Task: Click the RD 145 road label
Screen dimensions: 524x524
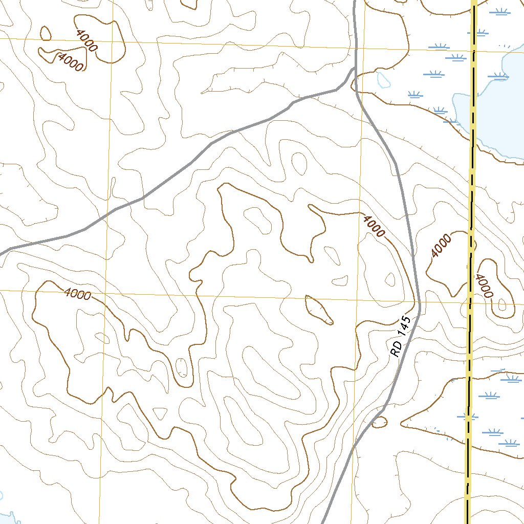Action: tap(401, 337)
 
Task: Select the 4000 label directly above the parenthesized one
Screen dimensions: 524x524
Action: tap(85, 40)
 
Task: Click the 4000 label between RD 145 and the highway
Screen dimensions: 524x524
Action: tap(441, 246)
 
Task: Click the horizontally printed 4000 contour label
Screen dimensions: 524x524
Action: tap(78, 294)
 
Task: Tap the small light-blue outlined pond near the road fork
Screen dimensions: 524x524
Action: tap(382, 79)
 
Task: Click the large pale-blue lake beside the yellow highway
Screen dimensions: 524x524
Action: tap(499, 113)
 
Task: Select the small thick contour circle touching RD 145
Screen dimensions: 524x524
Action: tap(379, 422)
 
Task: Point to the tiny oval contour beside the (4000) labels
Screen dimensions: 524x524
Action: tap(46, 33)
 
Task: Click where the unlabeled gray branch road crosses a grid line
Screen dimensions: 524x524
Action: tap(110, 212)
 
